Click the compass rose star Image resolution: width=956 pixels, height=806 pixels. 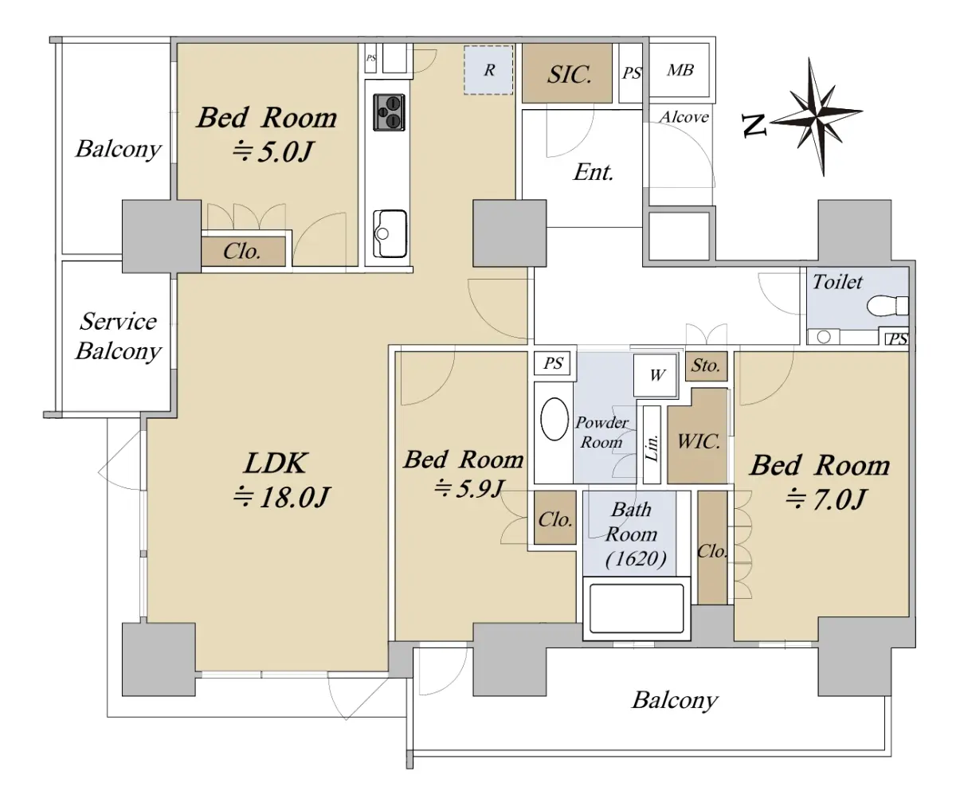tap(817, 116)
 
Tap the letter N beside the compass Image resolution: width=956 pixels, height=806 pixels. tap(754, 125)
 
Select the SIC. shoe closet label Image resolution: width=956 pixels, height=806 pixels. tap(569, 74)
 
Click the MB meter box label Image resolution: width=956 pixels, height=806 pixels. tap(680, 70)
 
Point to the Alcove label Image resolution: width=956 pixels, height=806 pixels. tap(684, 117)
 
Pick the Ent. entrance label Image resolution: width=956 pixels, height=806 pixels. tap(593, 173)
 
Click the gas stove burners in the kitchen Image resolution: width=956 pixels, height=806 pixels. tap(389, 112)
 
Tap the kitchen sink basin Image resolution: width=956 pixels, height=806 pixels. tap(390, 234)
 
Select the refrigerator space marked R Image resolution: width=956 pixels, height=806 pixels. tap(488, 70)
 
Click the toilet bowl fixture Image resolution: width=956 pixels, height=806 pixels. tap(887, 305)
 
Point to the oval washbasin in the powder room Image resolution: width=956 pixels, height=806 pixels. tap(554, 419)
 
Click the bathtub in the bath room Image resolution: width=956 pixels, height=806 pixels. tap(637, 609)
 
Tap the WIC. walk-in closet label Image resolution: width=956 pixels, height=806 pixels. tap(698, 442)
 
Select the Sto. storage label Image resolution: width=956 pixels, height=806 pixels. tap(706, 366)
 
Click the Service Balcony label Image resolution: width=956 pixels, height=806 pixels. tap(118, 336)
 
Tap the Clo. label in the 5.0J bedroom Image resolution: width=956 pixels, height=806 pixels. tap(241, 251)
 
